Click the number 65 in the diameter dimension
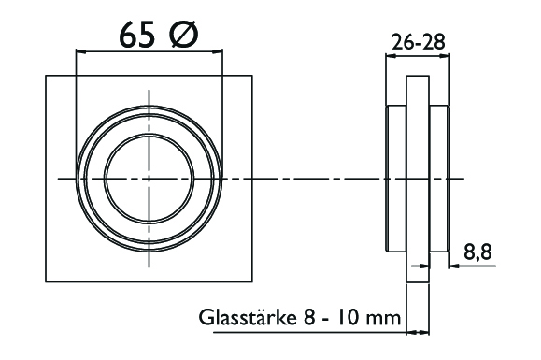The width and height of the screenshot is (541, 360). pos(137,36)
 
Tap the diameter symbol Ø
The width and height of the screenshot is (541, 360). pos(184,36)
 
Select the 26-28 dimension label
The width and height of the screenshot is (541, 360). pos(419,42)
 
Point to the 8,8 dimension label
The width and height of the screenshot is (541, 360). pos(477,252)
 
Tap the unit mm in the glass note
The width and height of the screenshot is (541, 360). pos(384,318)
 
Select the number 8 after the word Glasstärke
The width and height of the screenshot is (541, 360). pos(309,317)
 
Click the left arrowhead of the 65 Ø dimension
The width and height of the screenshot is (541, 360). pos(80,51)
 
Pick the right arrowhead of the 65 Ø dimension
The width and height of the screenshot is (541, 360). pos(218,51)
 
